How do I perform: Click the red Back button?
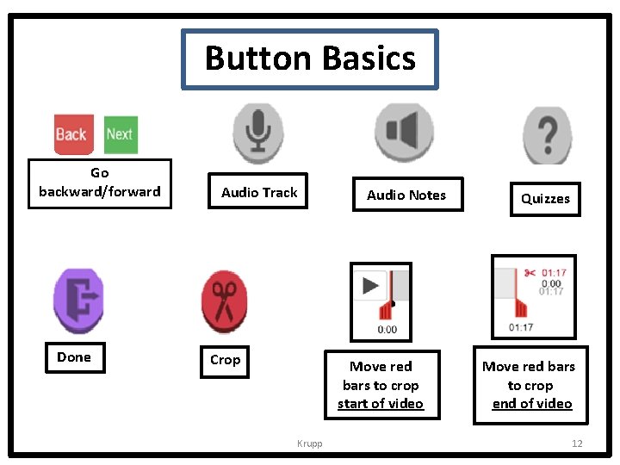click(71, 134)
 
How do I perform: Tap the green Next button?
click(120, 134)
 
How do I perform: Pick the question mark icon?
click(546, 134)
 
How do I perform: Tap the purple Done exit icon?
click(78, 301)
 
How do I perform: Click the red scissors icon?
click(224, 301)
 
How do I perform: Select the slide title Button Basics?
click(310, 59)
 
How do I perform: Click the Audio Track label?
click(259, 193)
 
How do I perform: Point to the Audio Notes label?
click(406, 195)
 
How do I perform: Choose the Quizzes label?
click(545, 199)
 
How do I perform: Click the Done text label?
click(74, 357)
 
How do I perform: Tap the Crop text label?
click(225, 360)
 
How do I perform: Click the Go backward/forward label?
click(99, 183)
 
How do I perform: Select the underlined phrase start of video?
click(381, 404)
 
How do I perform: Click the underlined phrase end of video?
click(532, 404)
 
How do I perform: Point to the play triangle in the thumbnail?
click(370, 285)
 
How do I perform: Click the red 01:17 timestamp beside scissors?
click(554, 274)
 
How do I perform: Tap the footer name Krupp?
click(309, 443)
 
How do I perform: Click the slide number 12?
click(577, 443)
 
